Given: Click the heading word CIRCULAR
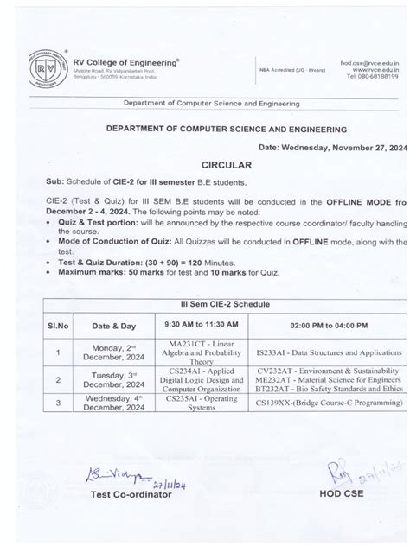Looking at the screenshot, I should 227,164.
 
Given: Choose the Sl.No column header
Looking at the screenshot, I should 58,325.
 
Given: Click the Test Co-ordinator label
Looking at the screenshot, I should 132,495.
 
